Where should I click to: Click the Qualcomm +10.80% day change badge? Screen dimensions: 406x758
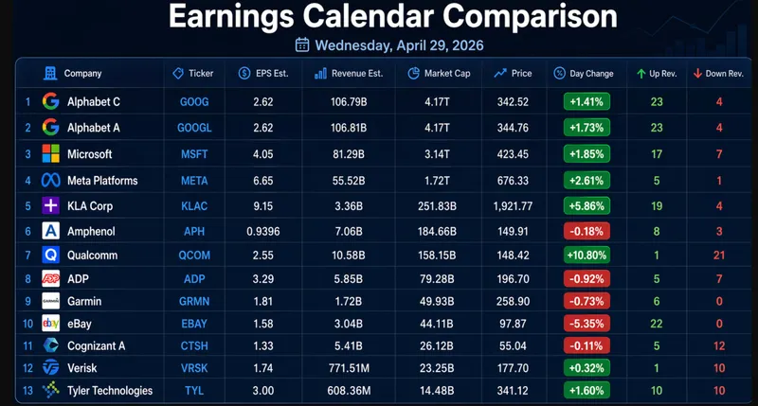click(x=586, y=255)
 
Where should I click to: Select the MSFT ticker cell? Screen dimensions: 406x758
click(x=194, y=153)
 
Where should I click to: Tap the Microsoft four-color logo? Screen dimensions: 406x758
click(x=50, y=153)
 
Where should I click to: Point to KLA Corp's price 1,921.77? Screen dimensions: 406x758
click(x=513, y=204)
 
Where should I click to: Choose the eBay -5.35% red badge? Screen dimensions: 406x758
click(x=586, y=324)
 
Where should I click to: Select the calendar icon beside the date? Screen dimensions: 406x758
click(x=302, y=44)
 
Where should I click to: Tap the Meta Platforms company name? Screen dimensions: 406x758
click(x=102, y=181)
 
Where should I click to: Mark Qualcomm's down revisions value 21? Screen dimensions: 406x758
click(x=719, y=255)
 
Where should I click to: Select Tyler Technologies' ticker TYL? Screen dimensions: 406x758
click(x=194, y=391)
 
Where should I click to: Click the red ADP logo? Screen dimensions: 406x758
click(x=50, y=278)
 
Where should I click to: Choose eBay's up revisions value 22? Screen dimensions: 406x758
click(x=655, y=324)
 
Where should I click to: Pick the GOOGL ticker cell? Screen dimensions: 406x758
click(x=194, y=127)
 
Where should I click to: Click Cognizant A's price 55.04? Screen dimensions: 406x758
click(x=512, y=346)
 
